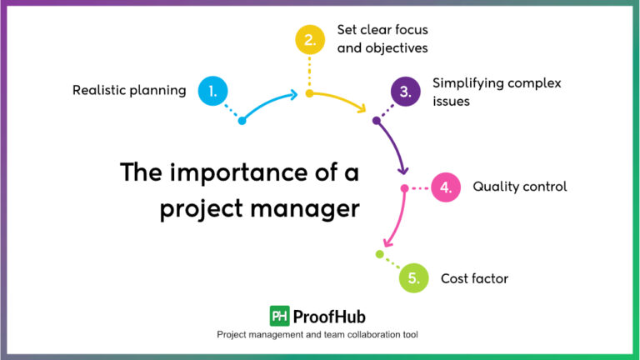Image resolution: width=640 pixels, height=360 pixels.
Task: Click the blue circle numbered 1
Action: pos(212,92)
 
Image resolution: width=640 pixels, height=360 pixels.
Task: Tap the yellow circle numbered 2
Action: pos(309,39)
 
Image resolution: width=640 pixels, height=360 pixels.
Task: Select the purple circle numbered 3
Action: pos(405,92)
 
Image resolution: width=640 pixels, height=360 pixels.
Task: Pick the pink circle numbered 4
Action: pos(446,187)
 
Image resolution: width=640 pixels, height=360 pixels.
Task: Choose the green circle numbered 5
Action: pos(413,277)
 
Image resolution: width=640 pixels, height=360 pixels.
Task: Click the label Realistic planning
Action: pos(129,91)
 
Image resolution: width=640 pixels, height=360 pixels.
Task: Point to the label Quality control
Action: pos(519,187)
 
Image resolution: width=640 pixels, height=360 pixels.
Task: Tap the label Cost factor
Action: pos(474,278)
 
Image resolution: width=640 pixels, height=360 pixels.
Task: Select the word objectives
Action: pos(394,48)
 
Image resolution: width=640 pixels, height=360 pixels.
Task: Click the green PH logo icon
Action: pos(279,316)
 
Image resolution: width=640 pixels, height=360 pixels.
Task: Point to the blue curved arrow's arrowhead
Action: pos(293,95)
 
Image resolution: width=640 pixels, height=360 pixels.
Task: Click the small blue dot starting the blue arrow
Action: pos(242,121)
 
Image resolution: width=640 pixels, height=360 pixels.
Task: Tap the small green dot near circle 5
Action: pos(379,254)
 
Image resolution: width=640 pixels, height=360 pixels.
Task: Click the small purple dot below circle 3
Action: pos(376,121)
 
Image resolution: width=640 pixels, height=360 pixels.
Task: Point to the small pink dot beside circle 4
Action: pos(404,188)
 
